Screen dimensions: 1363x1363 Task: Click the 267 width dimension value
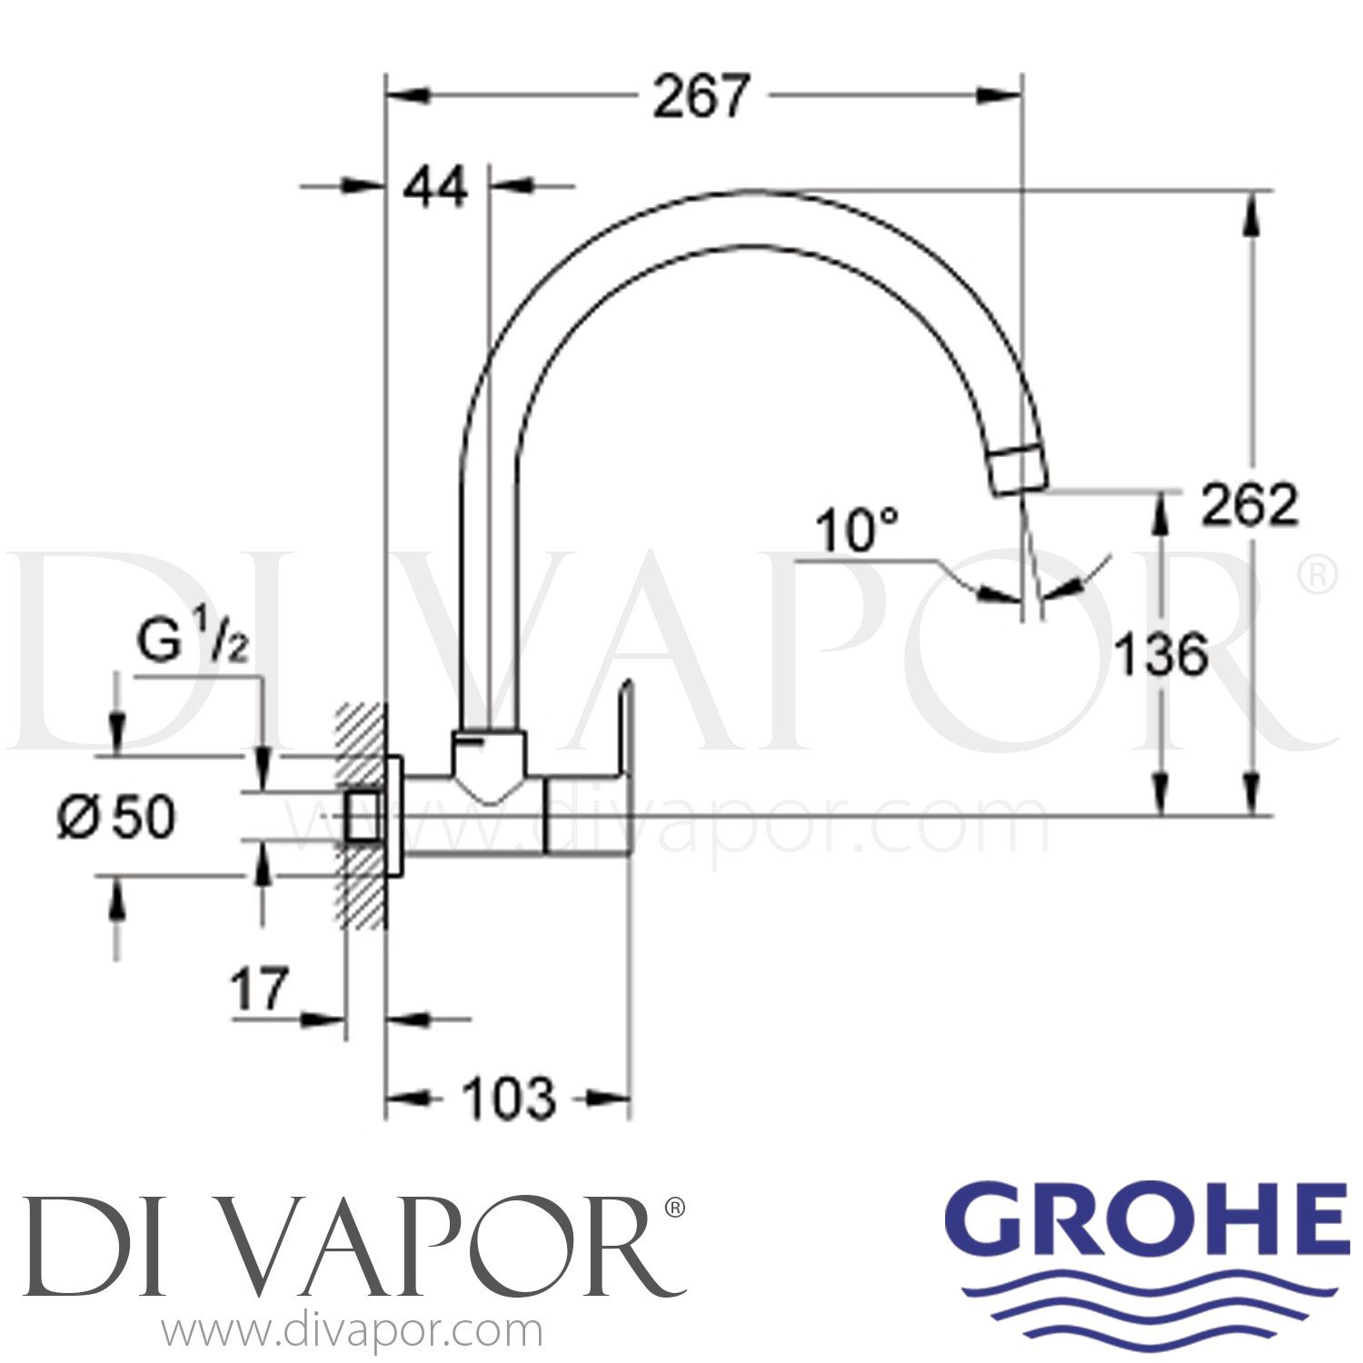[701, 95]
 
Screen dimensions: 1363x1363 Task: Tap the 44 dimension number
[436, 188]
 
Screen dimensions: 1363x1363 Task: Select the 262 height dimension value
[1249, 505]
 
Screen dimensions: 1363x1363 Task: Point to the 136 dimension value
[1161, 654]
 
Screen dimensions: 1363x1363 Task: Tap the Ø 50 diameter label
[116, 817]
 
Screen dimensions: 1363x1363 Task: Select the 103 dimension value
[509, 1099]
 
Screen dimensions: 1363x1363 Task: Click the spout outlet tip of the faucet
[1018, 471]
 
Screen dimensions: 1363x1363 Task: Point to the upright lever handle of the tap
[625, 727]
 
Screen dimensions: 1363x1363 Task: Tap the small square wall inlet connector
[363, 814]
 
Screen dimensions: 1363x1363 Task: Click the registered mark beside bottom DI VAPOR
[675, 1208]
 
